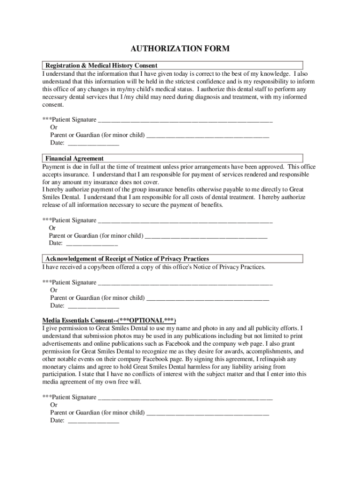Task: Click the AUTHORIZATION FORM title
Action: pyautogui.click(x=180, y=49)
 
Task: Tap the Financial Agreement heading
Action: pyautogui.click(x=74, y=159)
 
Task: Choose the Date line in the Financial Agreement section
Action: pyautogui.click(x=92, y=244)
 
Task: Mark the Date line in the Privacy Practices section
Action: pyautogui.click(x=94, y=306)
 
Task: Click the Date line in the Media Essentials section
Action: pyautogui.click(x=94, y=421)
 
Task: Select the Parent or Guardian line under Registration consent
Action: pyautogui.click(x=208, y=136)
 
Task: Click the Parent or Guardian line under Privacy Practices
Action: pyautogui.click(x=208, y=298)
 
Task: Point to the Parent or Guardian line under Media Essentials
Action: pyautogui.click(x=208, y=414)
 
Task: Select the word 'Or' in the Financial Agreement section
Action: pyautogui.click(x=52, y=228)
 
